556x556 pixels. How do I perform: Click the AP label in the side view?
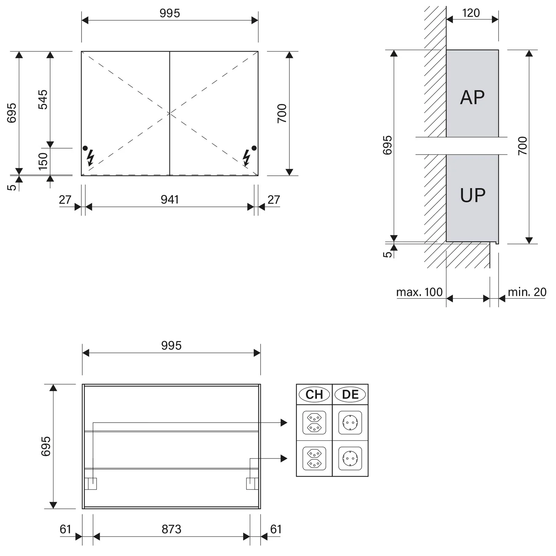pyautogui.click(x=472, y=97)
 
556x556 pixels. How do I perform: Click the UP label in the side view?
pyautogui.click(x=473, y=195)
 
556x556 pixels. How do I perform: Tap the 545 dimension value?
pyautogui.click(x=43, y=99)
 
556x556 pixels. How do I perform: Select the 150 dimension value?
pyautogui.click(x=43, y=161)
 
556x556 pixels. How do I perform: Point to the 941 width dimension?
pyautogui.click(x=170, y=199)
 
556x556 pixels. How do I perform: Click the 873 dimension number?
pyautogui.click(x=171, y=529)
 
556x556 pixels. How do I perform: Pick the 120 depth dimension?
pyautogui.click(x=471, y=13)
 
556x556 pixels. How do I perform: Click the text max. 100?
pyautogui.click(x=419, y=292)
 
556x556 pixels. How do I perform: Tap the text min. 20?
pyautogui.click(x=527, y=292)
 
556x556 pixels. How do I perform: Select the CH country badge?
pyautogui.click(x=314, y=394)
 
